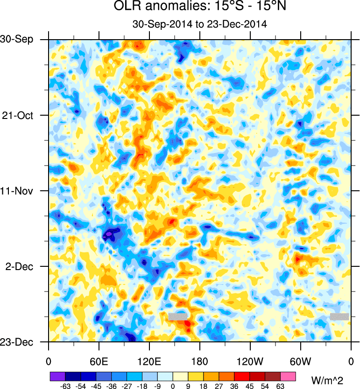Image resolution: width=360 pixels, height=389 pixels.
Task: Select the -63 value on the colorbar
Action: (x=65, y=386)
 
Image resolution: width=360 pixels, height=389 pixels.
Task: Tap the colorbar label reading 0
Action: (x=173, y=386)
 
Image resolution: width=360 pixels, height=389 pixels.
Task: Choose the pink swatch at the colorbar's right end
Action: (x=288, y=376)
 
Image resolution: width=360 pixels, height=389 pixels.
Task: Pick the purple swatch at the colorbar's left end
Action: (x=57, y=376)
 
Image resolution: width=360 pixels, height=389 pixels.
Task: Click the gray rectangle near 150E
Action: (x=177, y=317)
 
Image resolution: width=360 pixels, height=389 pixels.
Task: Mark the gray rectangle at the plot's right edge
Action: (x=339, y=316)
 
